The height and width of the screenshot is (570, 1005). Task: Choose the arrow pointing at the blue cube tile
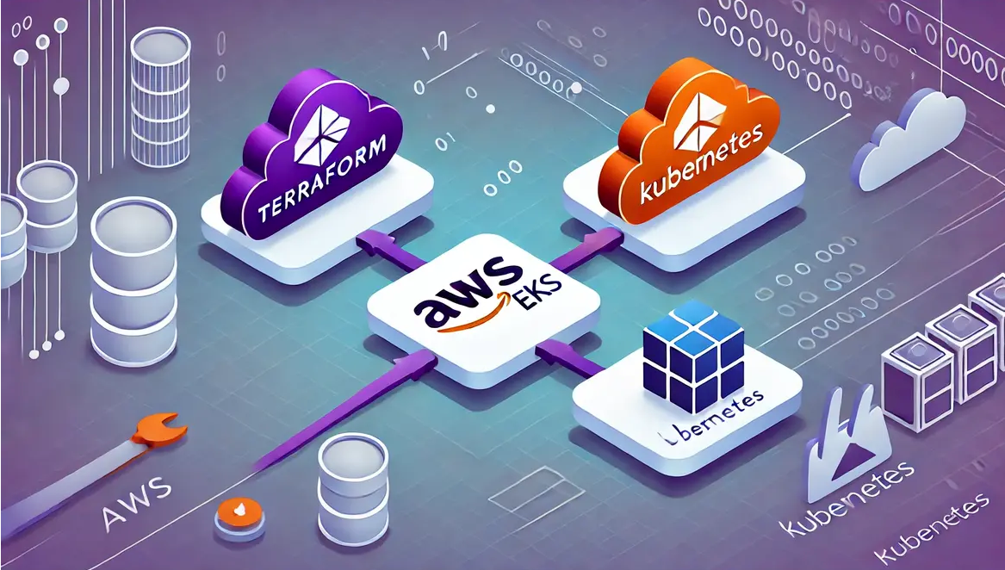560,356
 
